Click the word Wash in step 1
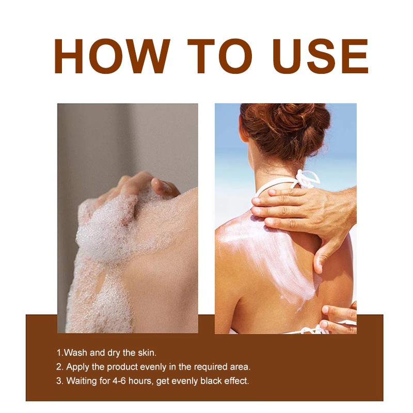point(75,353)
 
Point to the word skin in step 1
point(147,353)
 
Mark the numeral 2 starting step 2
point(59,367)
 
